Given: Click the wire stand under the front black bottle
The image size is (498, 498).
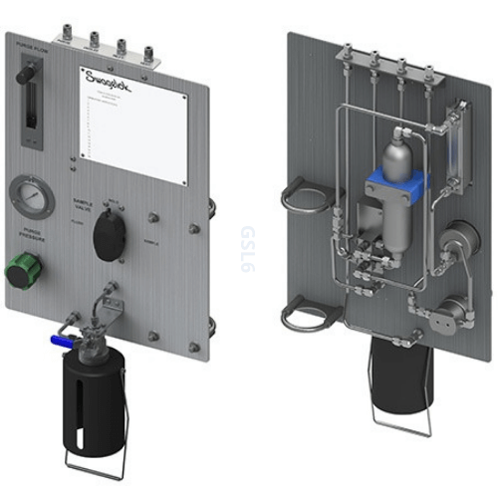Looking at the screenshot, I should [x=98, y=459].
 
